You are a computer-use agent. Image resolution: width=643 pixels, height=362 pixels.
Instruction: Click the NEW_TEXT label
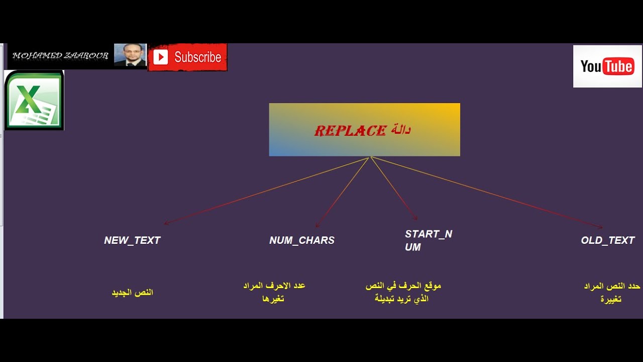pos(132,240)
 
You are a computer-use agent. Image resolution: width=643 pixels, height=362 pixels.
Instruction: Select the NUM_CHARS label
pos(302,240)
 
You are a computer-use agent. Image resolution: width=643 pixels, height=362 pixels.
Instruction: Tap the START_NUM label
pos(428,240)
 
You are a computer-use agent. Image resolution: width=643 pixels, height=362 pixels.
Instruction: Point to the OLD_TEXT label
pos(607,240)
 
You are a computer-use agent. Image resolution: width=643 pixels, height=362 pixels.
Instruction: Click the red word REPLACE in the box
pos(350,131)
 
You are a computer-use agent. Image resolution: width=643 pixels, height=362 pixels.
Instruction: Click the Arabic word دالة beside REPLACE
pos(401,129)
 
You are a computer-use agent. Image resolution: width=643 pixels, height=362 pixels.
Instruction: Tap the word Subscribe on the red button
pos(198,57)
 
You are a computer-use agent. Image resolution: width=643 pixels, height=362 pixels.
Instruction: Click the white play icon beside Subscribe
pos(160,57)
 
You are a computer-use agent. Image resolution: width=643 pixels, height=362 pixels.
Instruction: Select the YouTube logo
pos(607,66)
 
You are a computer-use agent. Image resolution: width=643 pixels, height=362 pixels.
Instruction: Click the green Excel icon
pos(34,100)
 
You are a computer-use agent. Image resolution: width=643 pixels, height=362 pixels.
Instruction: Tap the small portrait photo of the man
pos(130,55)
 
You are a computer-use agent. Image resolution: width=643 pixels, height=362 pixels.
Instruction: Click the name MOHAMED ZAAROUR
pos(60,55)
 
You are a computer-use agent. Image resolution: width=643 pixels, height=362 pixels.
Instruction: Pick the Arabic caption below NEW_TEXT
pos(132,293)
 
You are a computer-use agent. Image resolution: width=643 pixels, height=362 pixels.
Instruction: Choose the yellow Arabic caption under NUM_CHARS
pos(274,292)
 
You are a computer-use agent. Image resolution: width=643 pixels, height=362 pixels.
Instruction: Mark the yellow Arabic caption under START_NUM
pos(403,292)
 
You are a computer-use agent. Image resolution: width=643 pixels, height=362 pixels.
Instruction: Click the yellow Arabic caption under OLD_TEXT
pos(612,293)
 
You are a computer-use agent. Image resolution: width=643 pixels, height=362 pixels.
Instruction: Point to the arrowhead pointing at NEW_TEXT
pos(166,223)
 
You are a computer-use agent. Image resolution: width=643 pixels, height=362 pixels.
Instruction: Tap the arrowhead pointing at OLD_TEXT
pos(600,227)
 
